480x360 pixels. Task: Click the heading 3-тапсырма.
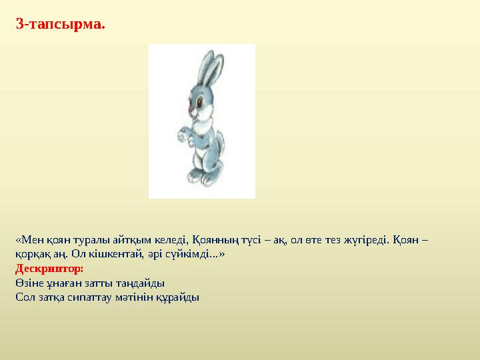(60, 25)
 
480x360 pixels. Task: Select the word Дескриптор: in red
(49, 269)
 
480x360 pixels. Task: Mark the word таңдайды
(143, 283)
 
